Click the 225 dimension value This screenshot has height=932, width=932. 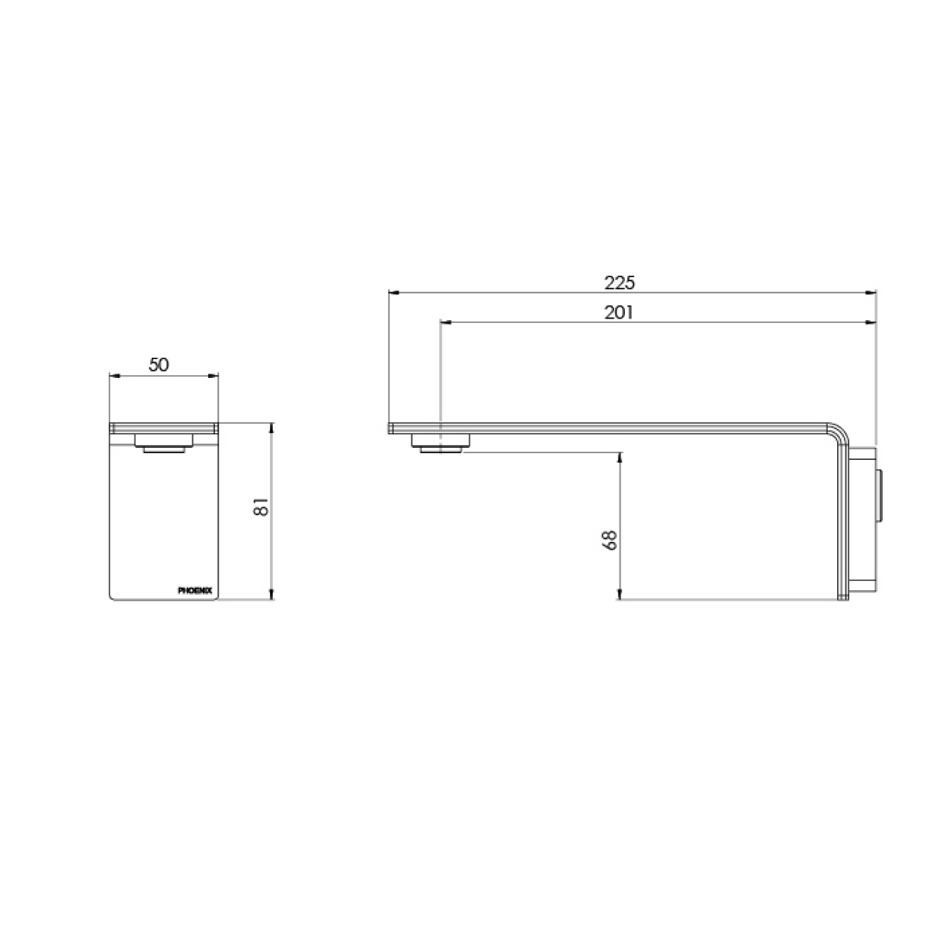pos(619,283)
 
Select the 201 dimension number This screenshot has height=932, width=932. pos(619,312)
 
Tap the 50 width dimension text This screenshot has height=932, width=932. pos(159,364)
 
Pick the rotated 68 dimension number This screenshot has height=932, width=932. pos(611,540)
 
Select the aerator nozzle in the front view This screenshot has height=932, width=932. pos(164,445)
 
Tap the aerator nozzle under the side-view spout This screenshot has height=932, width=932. pos(441,444)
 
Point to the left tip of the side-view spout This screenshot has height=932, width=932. pos(391,427)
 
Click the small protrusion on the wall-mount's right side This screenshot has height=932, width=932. pos(879,496)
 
